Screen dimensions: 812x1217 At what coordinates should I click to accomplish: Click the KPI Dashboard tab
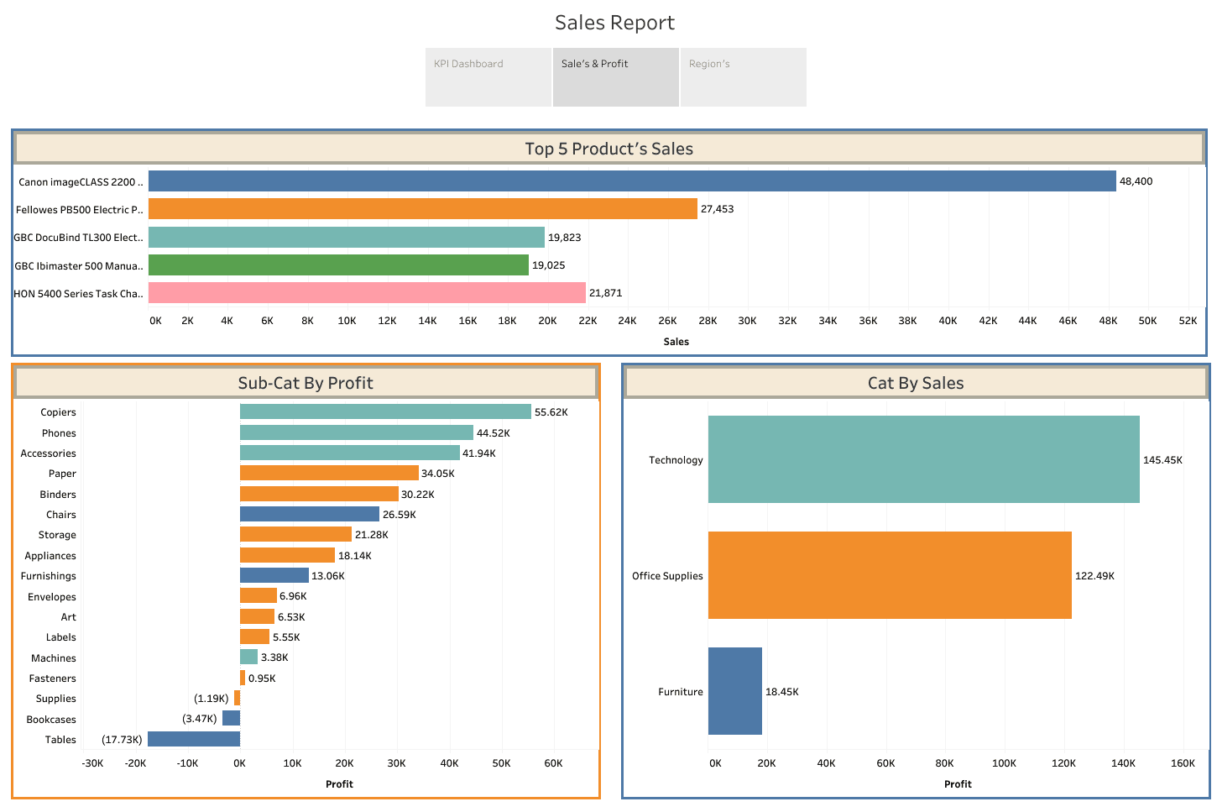pyautogui.click(x=488, y=76)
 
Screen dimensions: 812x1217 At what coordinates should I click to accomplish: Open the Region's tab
pyautogui.click(x=743, y=76)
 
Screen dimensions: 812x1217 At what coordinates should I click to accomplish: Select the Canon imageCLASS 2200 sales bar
pyautogui.click(x=632, y=181)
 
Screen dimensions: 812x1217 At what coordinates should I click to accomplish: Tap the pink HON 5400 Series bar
pyautogui.click(x=367, y=293)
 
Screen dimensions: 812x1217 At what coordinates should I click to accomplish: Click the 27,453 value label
pyautogui.click(x=717, y=209)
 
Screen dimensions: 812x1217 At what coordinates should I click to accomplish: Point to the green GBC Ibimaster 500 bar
pyautogui.click(x=338, y=265)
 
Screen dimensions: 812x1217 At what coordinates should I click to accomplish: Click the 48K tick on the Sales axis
pyautogui.click(x=1108, y=321)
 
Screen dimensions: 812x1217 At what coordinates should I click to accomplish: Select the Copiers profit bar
pyautogui.click(x=385, y=411)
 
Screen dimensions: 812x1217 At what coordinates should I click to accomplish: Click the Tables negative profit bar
pyautogui.click(x=194, y=739)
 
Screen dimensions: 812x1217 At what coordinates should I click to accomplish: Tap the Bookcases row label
pyautogui.click(x=51, y=720)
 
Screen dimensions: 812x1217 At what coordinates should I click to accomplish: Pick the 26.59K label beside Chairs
pyautogui.click(x=400, y=515)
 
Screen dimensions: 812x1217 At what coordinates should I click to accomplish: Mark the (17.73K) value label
pyautogui.click(x=122, y=740)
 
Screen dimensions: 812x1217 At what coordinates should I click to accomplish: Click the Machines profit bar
pyautogui.click(x=248, y=657)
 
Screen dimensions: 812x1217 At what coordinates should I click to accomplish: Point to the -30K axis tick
pyautogui.click(x=92, y=763)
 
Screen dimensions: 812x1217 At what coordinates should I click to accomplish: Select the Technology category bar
pyautogui.click(x=923, y=459)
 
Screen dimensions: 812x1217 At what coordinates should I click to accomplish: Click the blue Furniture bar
pyautogui.click(x=735, y=691)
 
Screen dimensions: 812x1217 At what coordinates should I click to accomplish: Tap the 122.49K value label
pyautogui.click(x=1094, y=576)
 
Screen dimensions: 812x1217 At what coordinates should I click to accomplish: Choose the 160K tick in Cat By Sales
pyautogui.click(x=1183, y=763)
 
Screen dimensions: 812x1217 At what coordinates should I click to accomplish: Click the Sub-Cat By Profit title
pyautogui.click(x=306, y=383)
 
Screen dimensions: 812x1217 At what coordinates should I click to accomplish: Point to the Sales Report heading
pyautogui.click(x=614, y=23)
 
